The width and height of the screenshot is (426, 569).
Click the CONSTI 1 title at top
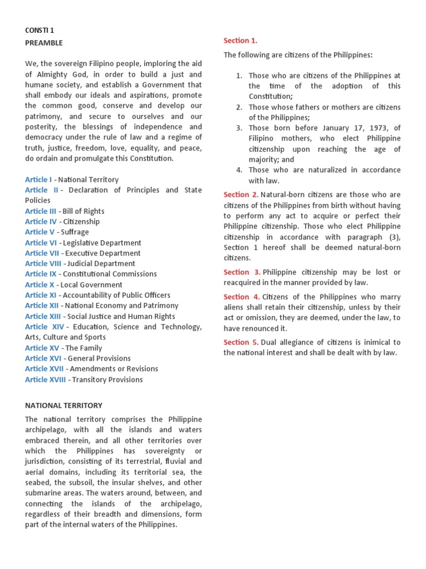tap(40, 32)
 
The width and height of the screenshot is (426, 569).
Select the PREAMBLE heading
tap(44, 43)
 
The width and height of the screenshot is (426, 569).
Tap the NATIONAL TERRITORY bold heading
tap(64, 406)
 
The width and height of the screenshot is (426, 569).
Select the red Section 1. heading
tap(240, 41)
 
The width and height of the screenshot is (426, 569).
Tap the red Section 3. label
tap(241, 272)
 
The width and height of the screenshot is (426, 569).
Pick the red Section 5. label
tap(241, 342)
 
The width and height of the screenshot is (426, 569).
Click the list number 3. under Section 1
tap(239, 128)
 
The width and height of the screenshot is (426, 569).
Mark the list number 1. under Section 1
tap(239, 76)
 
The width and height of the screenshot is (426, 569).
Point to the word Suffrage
tap(75, 232)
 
